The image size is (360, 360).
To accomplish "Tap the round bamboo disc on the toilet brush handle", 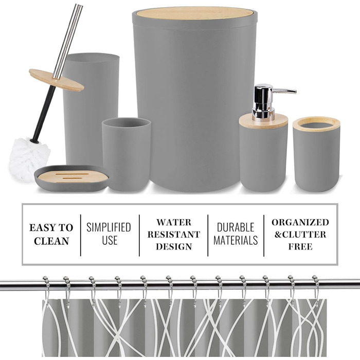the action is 57,80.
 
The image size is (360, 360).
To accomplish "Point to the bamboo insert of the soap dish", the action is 73,176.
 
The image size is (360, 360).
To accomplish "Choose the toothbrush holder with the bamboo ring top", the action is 316,154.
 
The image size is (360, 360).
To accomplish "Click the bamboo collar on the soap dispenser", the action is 263,122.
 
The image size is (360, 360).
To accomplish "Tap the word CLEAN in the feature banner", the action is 51,241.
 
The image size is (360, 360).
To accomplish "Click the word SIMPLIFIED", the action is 109,227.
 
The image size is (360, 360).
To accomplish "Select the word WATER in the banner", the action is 174,223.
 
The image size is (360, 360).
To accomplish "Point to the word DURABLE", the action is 236,227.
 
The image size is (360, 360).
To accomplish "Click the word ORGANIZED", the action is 300,222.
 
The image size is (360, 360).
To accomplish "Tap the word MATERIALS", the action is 236,240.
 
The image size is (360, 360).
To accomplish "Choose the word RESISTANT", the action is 174,235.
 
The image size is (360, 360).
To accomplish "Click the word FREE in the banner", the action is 300,247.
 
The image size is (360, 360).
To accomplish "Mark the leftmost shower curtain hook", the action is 46,292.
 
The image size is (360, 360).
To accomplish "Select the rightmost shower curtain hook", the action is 316,291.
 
